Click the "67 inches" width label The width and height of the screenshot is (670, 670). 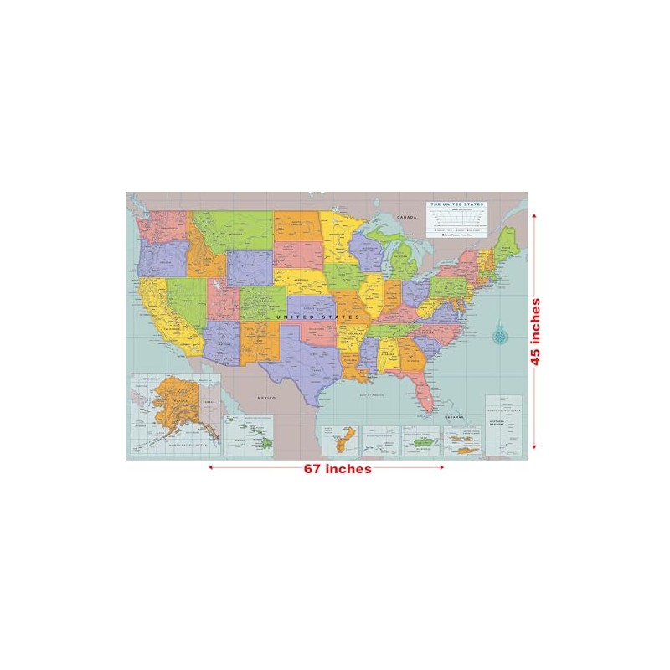pos(338,469)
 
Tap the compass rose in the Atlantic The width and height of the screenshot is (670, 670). pos(501,335)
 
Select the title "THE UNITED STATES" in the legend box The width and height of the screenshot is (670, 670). pos(457,204)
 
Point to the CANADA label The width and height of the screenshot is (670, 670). pos(406,217)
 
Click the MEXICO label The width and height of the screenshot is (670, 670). pos(266,397)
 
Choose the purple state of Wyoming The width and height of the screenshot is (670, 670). pos(249,268)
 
